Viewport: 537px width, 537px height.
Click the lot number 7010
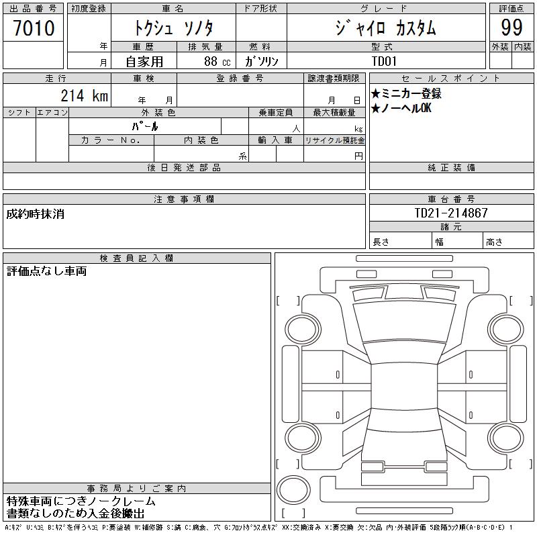point(34,28)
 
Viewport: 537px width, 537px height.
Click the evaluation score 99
point(511,28)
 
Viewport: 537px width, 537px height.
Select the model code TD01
point(384,61)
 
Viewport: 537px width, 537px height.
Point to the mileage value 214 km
point(85,95)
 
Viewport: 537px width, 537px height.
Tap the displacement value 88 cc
point(217,62)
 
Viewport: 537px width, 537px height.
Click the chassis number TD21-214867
point(451,213)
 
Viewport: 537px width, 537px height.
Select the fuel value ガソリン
point(261,61)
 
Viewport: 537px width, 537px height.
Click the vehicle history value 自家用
point(144,62)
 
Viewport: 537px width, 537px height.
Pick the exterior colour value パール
point(145,126)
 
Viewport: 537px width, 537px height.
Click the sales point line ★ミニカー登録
point(406,93)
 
